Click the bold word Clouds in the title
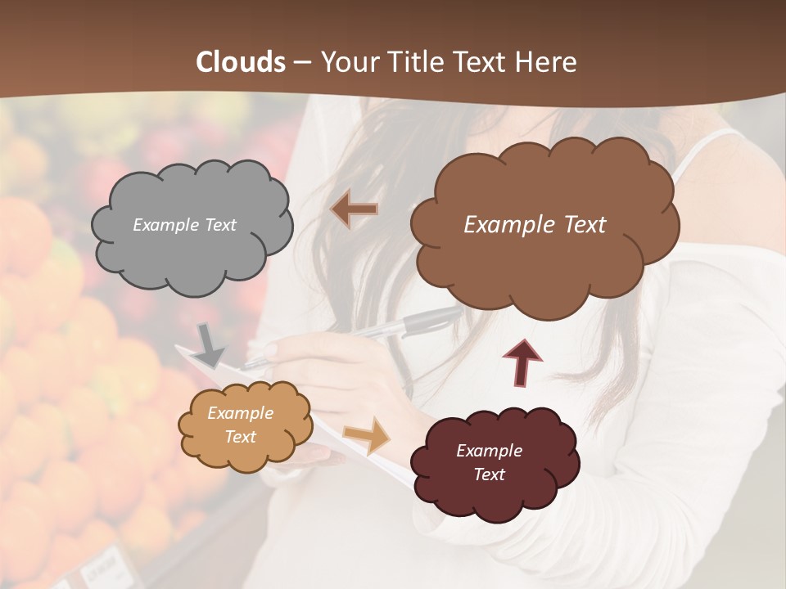[x=241, y=61]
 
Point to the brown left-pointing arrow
[x=354, y=210]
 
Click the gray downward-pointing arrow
[x=210, y=344]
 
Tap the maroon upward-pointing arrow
[x=522, y=362]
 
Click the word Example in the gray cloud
[x=162, y=225]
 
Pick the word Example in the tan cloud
[x=240, y=414]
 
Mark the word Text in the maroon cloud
[x=489, y=474]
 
